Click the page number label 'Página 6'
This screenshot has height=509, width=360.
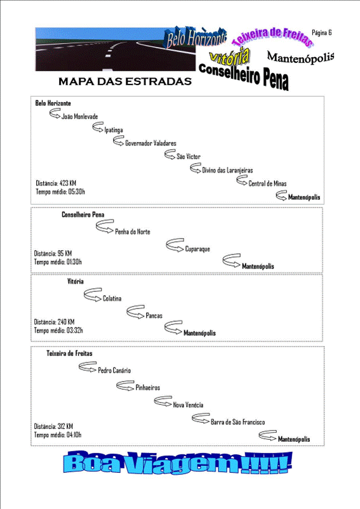point(322,32)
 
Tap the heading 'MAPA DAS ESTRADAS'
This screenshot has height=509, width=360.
point(125,81)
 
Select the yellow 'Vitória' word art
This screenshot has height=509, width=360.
point(229,56)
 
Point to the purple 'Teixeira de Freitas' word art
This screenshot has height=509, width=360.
point(272,36)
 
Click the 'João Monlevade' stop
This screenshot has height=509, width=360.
point(79,117)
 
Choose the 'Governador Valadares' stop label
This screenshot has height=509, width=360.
point(150,143)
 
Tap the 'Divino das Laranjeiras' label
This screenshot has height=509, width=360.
point(227,170)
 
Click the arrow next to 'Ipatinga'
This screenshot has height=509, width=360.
point(98,127)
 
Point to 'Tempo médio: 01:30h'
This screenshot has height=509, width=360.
point(58,262)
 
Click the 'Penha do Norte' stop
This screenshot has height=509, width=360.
point(133,232)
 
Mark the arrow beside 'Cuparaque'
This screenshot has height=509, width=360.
point(175,245)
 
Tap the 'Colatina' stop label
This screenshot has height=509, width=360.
point(112,299)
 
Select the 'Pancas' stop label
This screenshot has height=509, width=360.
point(154,315)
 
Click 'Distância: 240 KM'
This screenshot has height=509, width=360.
point(54,322)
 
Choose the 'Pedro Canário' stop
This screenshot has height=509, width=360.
point(114,371)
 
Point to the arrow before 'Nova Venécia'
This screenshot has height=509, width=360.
point(163,401)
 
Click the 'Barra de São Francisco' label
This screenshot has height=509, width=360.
point(237,422)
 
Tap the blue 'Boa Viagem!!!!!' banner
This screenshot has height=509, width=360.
point(178,462)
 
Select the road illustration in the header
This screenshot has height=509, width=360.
point(116,49)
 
